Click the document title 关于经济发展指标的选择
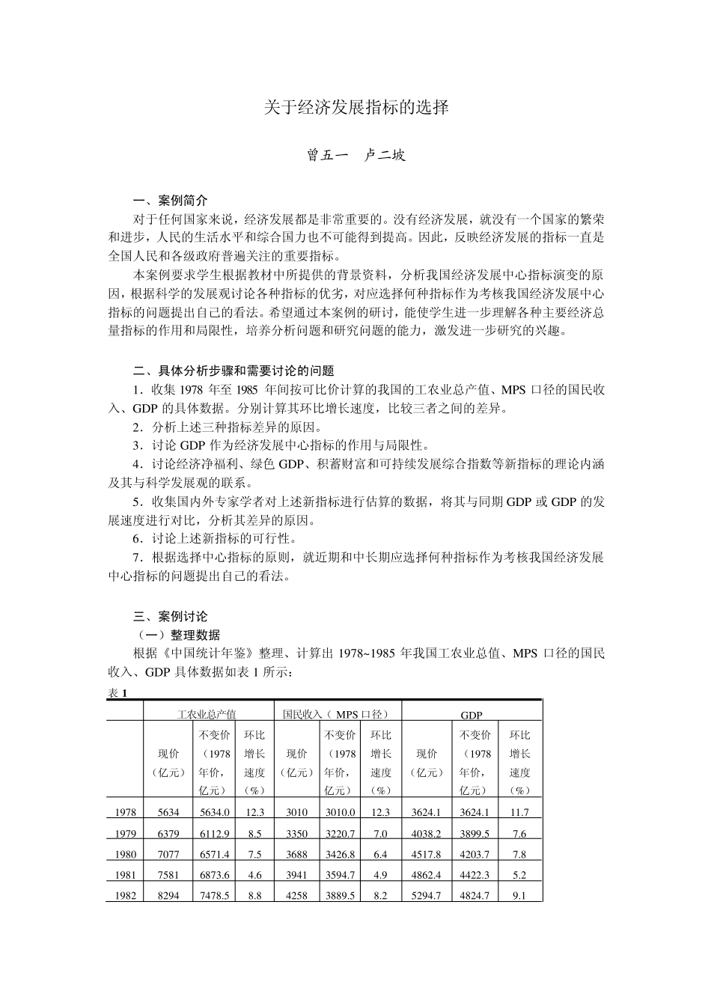pyautogui.click(x=356, y=108)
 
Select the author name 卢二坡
pyautogui.click(x=385, y=156)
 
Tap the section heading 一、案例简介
pyautogui.click(x=170, y=201)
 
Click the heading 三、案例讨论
pyautogui.click(x=170, y=617)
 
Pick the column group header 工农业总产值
pyautogui.click(x=207, y=715)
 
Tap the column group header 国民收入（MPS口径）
pyautogui.click(x=336, y=715)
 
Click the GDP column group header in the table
pyautogui.click(x=472, y=716)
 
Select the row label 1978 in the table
pyautogui.click(x=126, y=812)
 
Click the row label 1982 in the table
pyautogui.click(x=126, y=896)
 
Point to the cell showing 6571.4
pyautogui.click(x=215, y=854)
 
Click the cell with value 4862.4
pyautogui.click(x=427, y=875)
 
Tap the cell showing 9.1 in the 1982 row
pyautogui.click(x=519, y=896)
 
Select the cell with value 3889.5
pyautogui.click(x=341, y=896)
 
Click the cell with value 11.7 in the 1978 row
pyautogui.click(x=519, y=812)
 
